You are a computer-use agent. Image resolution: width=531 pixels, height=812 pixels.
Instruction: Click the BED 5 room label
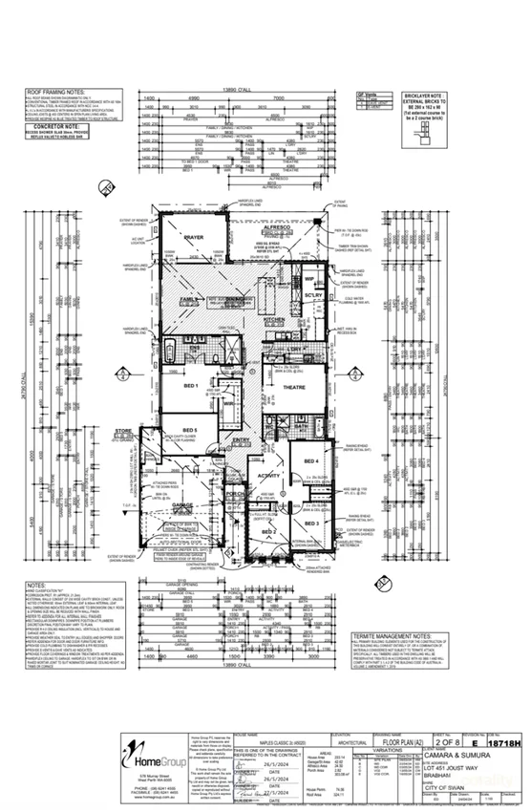click(x=189, y=431)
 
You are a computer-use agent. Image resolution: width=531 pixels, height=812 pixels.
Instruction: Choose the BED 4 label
click(x=310, y=461)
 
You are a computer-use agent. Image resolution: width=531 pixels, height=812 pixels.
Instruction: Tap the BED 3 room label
click(x=311, y=523)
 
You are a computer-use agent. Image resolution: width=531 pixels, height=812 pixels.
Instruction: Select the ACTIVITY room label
click(x=269, y=475)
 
